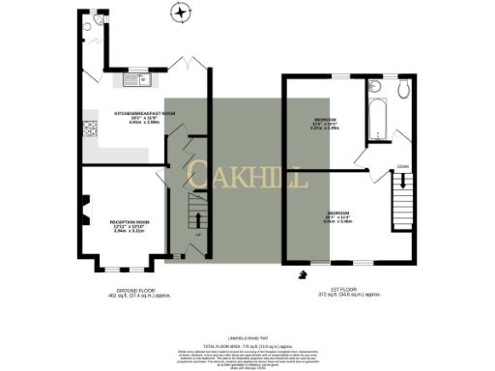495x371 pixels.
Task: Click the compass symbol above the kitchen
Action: click(x=178, y=13)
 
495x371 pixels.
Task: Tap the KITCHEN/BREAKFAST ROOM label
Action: click(x=145, y=113)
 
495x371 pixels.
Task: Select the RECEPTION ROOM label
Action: click(x=129, y=222)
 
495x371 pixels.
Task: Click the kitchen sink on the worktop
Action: click(x=142, y=78)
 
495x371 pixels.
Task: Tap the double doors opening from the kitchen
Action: click(x=188, y=64)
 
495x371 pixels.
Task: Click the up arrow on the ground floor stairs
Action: click(x=198, y=211)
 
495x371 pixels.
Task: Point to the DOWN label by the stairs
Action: click(x=401, y=167)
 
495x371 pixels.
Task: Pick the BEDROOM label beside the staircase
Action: click(x=337, y=212)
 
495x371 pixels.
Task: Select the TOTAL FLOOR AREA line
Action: click(x=247, y=345)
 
